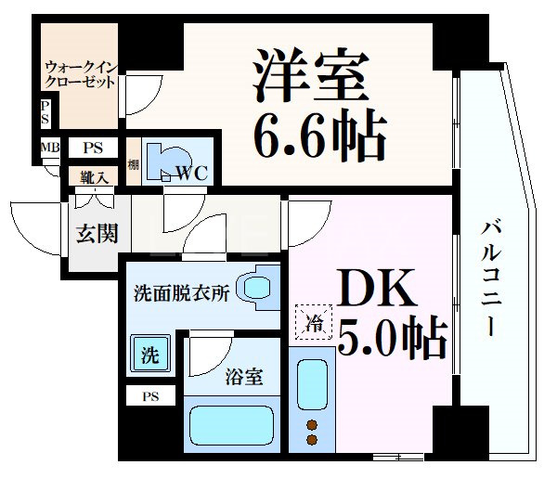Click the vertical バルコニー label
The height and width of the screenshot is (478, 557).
pyautogui.click(x=492, y=279)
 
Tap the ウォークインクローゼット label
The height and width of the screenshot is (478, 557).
pyautogui.click(x=81, y=73)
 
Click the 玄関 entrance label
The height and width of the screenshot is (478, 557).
pyautogui.click(x=97, y=233)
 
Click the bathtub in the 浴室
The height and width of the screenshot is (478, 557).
pyautogui.click(x=233, y=426)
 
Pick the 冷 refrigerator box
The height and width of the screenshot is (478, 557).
pyautogui.click(x=315, y=324)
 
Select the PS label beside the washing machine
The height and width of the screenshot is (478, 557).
pyautogui.click(x=149, y=396)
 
